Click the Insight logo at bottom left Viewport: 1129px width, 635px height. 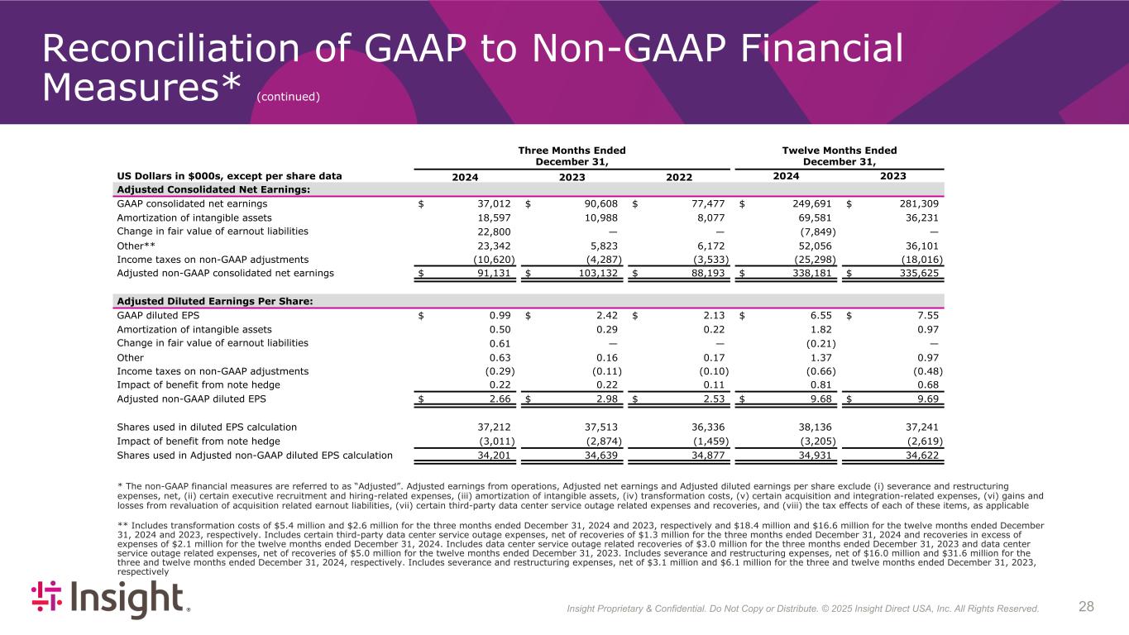click(110, 599)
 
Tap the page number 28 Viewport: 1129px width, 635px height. click(1086, 607)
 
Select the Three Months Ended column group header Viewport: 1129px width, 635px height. click(572, 155)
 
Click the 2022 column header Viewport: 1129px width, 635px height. click(678, 176)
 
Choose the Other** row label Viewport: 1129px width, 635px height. click(136, 245)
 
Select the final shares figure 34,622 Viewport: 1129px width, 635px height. click(923, 455)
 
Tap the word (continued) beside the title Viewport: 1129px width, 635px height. click(288, 97)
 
